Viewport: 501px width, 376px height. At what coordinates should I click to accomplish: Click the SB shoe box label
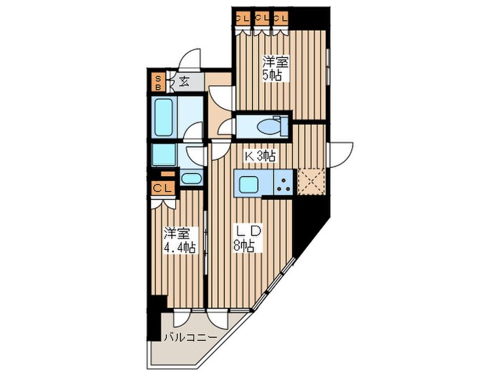click(x=157, y=82)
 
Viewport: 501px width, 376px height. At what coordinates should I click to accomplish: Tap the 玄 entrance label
click(x=183, y=82)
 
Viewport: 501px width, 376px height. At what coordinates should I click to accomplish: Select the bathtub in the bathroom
click(x=164, y=117)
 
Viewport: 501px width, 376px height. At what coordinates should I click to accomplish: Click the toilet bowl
click(x=269, y=127)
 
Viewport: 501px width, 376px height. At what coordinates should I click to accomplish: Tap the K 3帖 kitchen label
click(x=260, y=156)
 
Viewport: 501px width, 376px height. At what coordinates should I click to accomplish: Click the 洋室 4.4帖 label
click(x=179, y=241)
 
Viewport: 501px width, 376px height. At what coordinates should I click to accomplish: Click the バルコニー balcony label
click(x=190, y=337)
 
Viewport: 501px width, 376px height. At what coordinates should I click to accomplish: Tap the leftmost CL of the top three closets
click(x=243, y=18)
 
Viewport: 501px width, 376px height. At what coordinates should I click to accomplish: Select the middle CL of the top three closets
click(x=262, y=18)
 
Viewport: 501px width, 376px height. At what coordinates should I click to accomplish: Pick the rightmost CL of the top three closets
click(x=281, y=18)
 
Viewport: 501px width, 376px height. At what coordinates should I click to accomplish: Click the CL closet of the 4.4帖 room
click(x=163, y=188)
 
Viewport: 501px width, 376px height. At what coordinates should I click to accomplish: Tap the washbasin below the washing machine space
click(x=191, y=178)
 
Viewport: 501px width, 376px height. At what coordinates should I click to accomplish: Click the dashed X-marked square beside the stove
click(x=311, y=182)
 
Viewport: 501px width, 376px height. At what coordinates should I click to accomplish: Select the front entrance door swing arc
click(x=189, y=59)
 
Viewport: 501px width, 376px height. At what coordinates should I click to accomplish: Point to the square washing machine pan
click(x=164, y=155)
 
